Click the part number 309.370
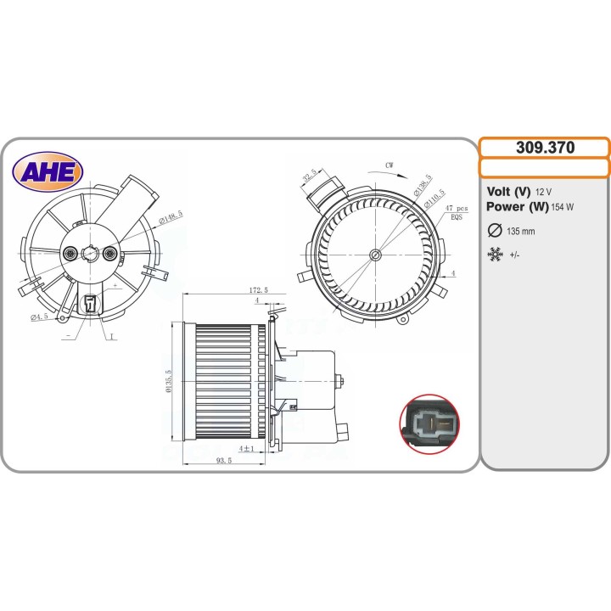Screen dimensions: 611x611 [545, 148]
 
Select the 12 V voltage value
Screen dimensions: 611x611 [544, 192]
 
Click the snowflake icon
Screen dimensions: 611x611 [496, 254]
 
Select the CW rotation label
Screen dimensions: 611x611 [390, 165]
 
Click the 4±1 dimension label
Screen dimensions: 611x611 [247, 448]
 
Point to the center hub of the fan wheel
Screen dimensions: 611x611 [376, 254]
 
